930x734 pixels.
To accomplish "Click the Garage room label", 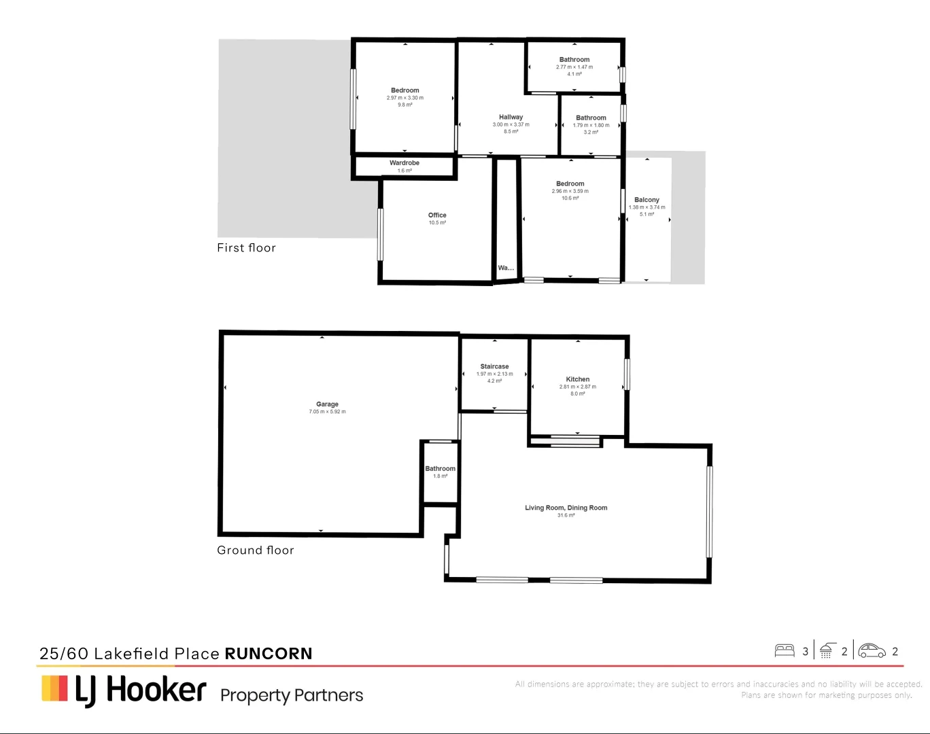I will pos(327,404).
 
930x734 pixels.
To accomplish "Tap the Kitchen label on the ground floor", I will pos(577,379).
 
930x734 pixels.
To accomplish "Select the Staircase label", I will pos(494,366).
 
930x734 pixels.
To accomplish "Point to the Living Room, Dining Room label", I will pos(566,508).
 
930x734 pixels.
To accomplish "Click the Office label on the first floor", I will pos(437,215).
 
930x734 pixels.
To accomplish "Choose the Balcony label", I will pos(647,200).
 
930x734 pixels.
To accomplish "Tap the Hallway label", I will pos(511,117).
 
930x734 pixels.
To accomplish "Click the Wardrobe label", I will pos(404,163).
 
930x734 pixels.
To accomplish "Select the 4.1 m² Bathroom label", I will pos(574,60).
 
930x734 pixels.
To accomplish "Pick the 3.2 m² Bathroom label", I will pos(591,118).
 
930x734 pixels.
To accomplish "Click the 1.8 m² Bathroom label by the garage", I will pos(440,468).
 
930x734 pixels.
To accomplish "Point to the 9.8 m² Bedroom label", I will pos(404,90).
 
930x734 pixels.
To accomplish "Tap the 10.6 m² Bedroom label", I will pos(570,183).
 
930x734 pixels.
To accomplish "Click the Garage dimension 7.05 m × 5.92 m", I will pos(327,412).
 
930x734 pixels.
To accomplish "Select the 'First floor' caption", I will pos(246,248).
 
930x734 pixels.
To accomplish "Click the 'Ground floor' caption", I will pos(255,550).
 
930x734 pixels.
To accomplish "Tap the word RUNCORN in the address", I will pos(268,654).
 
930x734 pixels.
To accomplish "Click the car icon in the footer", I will pos(872,651).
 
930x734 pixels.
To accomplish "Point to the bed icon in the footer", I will pos(785,651).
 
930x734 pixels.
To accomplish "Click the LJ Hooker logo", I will pos(124,690).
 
